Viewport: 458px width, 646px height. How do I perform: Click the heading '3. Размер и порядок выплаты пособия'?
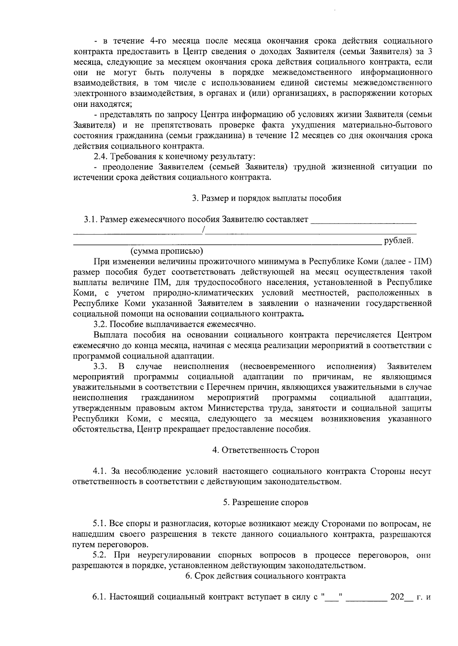point(266,198)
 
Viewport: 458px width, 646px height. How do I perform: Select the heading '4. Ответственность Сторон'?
point(266,450)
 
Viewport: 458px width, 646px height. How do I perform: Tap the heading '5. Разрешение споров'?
point(266,502)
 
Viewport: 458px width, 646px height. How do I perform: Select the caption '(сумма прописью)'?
point(167,251)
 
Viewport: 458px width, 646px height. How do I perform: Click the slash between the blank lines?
point(204,230)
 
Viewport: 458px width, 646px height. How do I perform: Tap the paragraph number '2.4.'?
point(101,157)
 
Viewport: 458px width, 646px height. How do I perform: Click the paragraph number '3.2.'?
point(101,325)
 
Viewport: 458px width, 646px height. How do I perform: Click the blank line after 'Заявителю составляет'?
point(364,220)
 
